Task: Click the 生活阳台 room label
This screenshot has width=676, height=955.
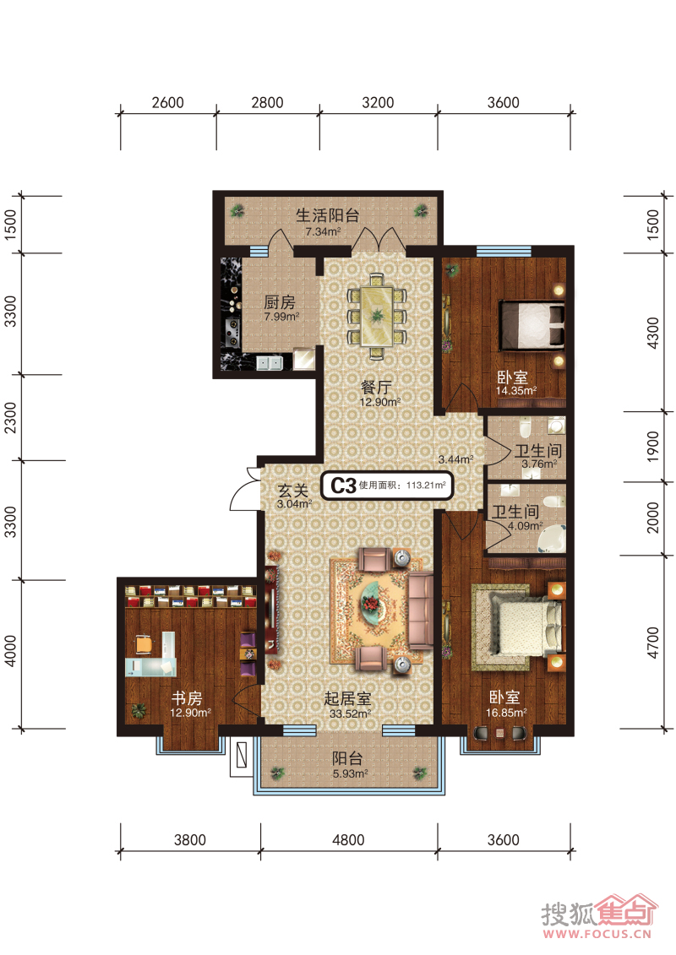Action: tap(327, 215)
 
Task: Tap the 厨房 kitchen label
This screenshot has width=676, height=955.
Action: tap(280, 302)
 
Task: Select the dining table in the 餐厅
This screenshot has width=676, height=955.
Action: tap(377, 317)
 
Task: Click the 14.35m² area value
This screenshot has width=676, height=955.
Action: tap(515, 391)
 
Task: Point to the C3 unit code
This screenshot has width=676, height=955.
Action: tap(342, 486)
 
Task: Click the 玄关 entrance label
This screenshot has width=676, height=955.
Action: tap(292, 491)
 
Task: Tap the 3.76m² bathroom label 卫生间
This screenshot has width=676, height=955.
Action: tap(537, 451)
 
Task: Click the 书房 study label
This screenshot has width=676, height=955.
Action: tap(187, 698)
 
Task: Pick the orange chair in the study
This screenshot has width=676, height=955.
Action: tap(143, 644)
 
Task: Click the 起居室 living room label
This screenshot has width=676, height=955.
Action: tap(347, 698)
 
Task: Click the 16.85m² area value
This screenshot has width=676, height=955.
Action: tap(506, 712)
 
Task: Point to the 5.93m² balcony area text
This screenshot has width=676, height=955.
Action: tap(350, 773)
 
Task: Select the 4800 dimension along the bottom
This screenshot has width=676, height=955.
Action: tap(348, 840)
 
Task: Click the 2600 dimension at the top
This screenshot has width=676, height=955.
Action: tap(167, 102)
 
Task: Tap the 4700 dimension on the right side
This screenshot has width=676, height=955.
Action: tap(653, 643)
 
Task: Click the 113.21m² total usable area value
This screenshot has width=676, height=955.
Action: tap(426, 486)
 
